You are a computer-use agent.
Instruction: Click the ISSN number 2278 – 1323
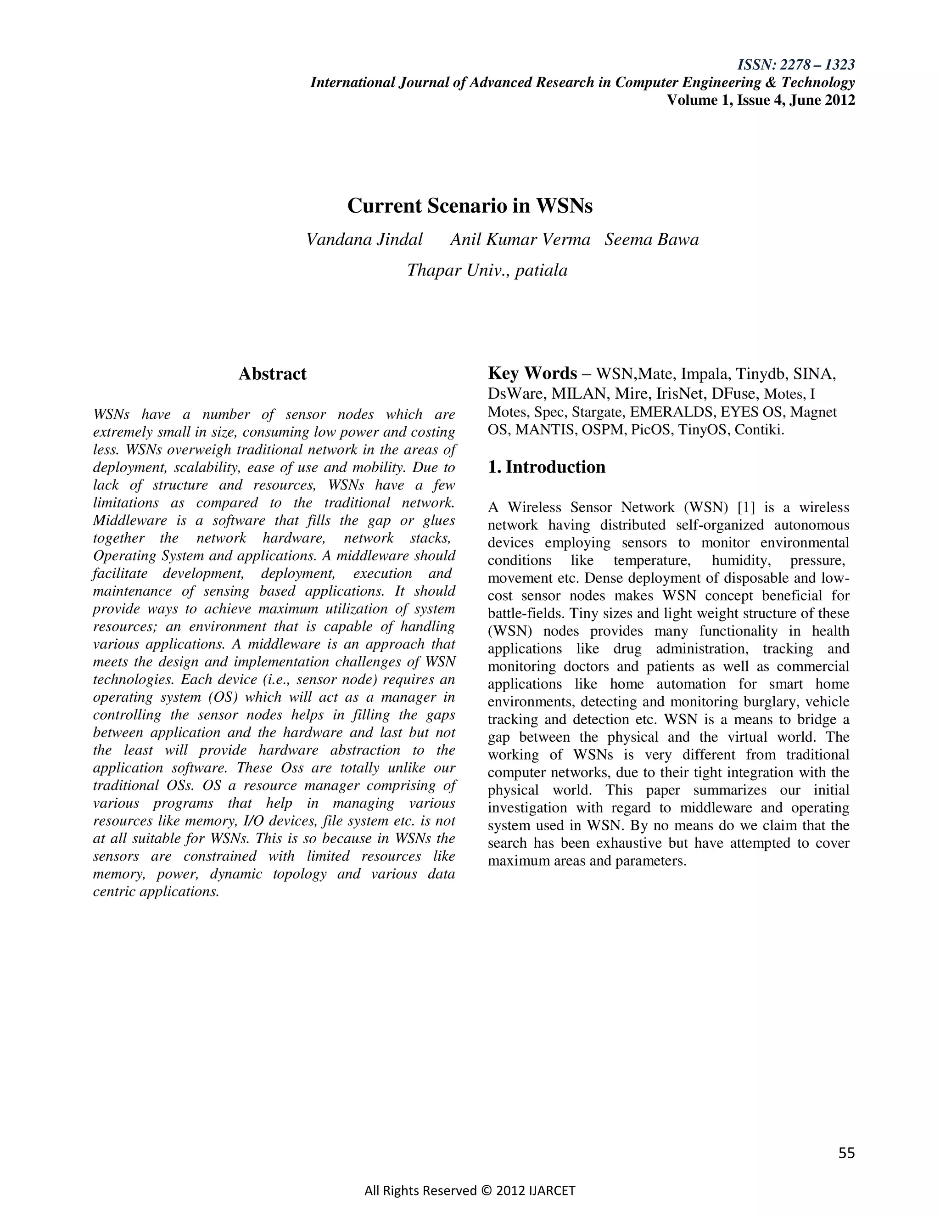(x=817, y=65)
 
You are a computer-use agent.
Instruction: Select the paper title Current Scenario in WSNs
(x=470, y=206)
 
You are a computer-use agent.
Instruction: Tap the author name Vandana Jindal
(x=365, y=240)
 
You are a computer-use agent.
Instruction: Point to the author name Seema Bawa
(x=652, y=240)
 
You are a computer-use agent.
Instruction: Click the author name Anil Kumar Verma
(x=520, y=240)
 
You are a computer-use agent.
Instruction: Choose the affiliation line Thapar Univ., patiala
(x=487, y=270)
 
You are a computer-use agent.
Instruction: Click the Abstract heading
(x=272, y=373)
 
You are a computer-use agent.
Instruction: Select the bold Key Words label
(x=532, y=373)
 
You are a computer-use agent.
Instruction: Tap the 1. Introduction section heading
(x=546, y=467)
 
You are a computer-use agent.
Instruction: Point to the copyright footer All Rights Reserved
(x=470, y=1191)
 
